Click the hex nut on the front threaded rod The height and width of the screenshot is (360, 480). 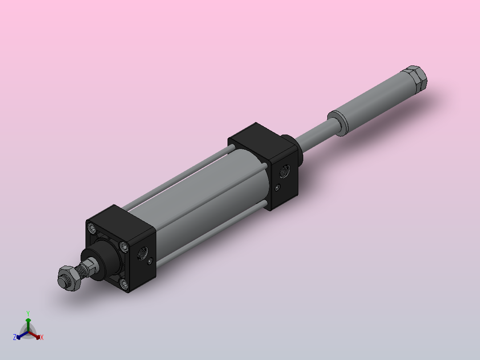(x=69, y=278)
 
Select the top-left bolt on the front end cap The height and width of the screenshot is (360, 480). (x=93, y=229)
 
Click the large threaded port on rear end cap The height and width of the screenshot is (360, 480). (x=283, y=170)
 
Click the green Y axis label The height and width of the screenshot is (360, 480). (x=28, y=313)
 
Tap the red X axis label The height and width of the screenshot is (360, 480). (x=42, y=337)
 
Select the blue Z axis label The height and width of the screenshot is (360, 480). (x=15, y=337)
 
